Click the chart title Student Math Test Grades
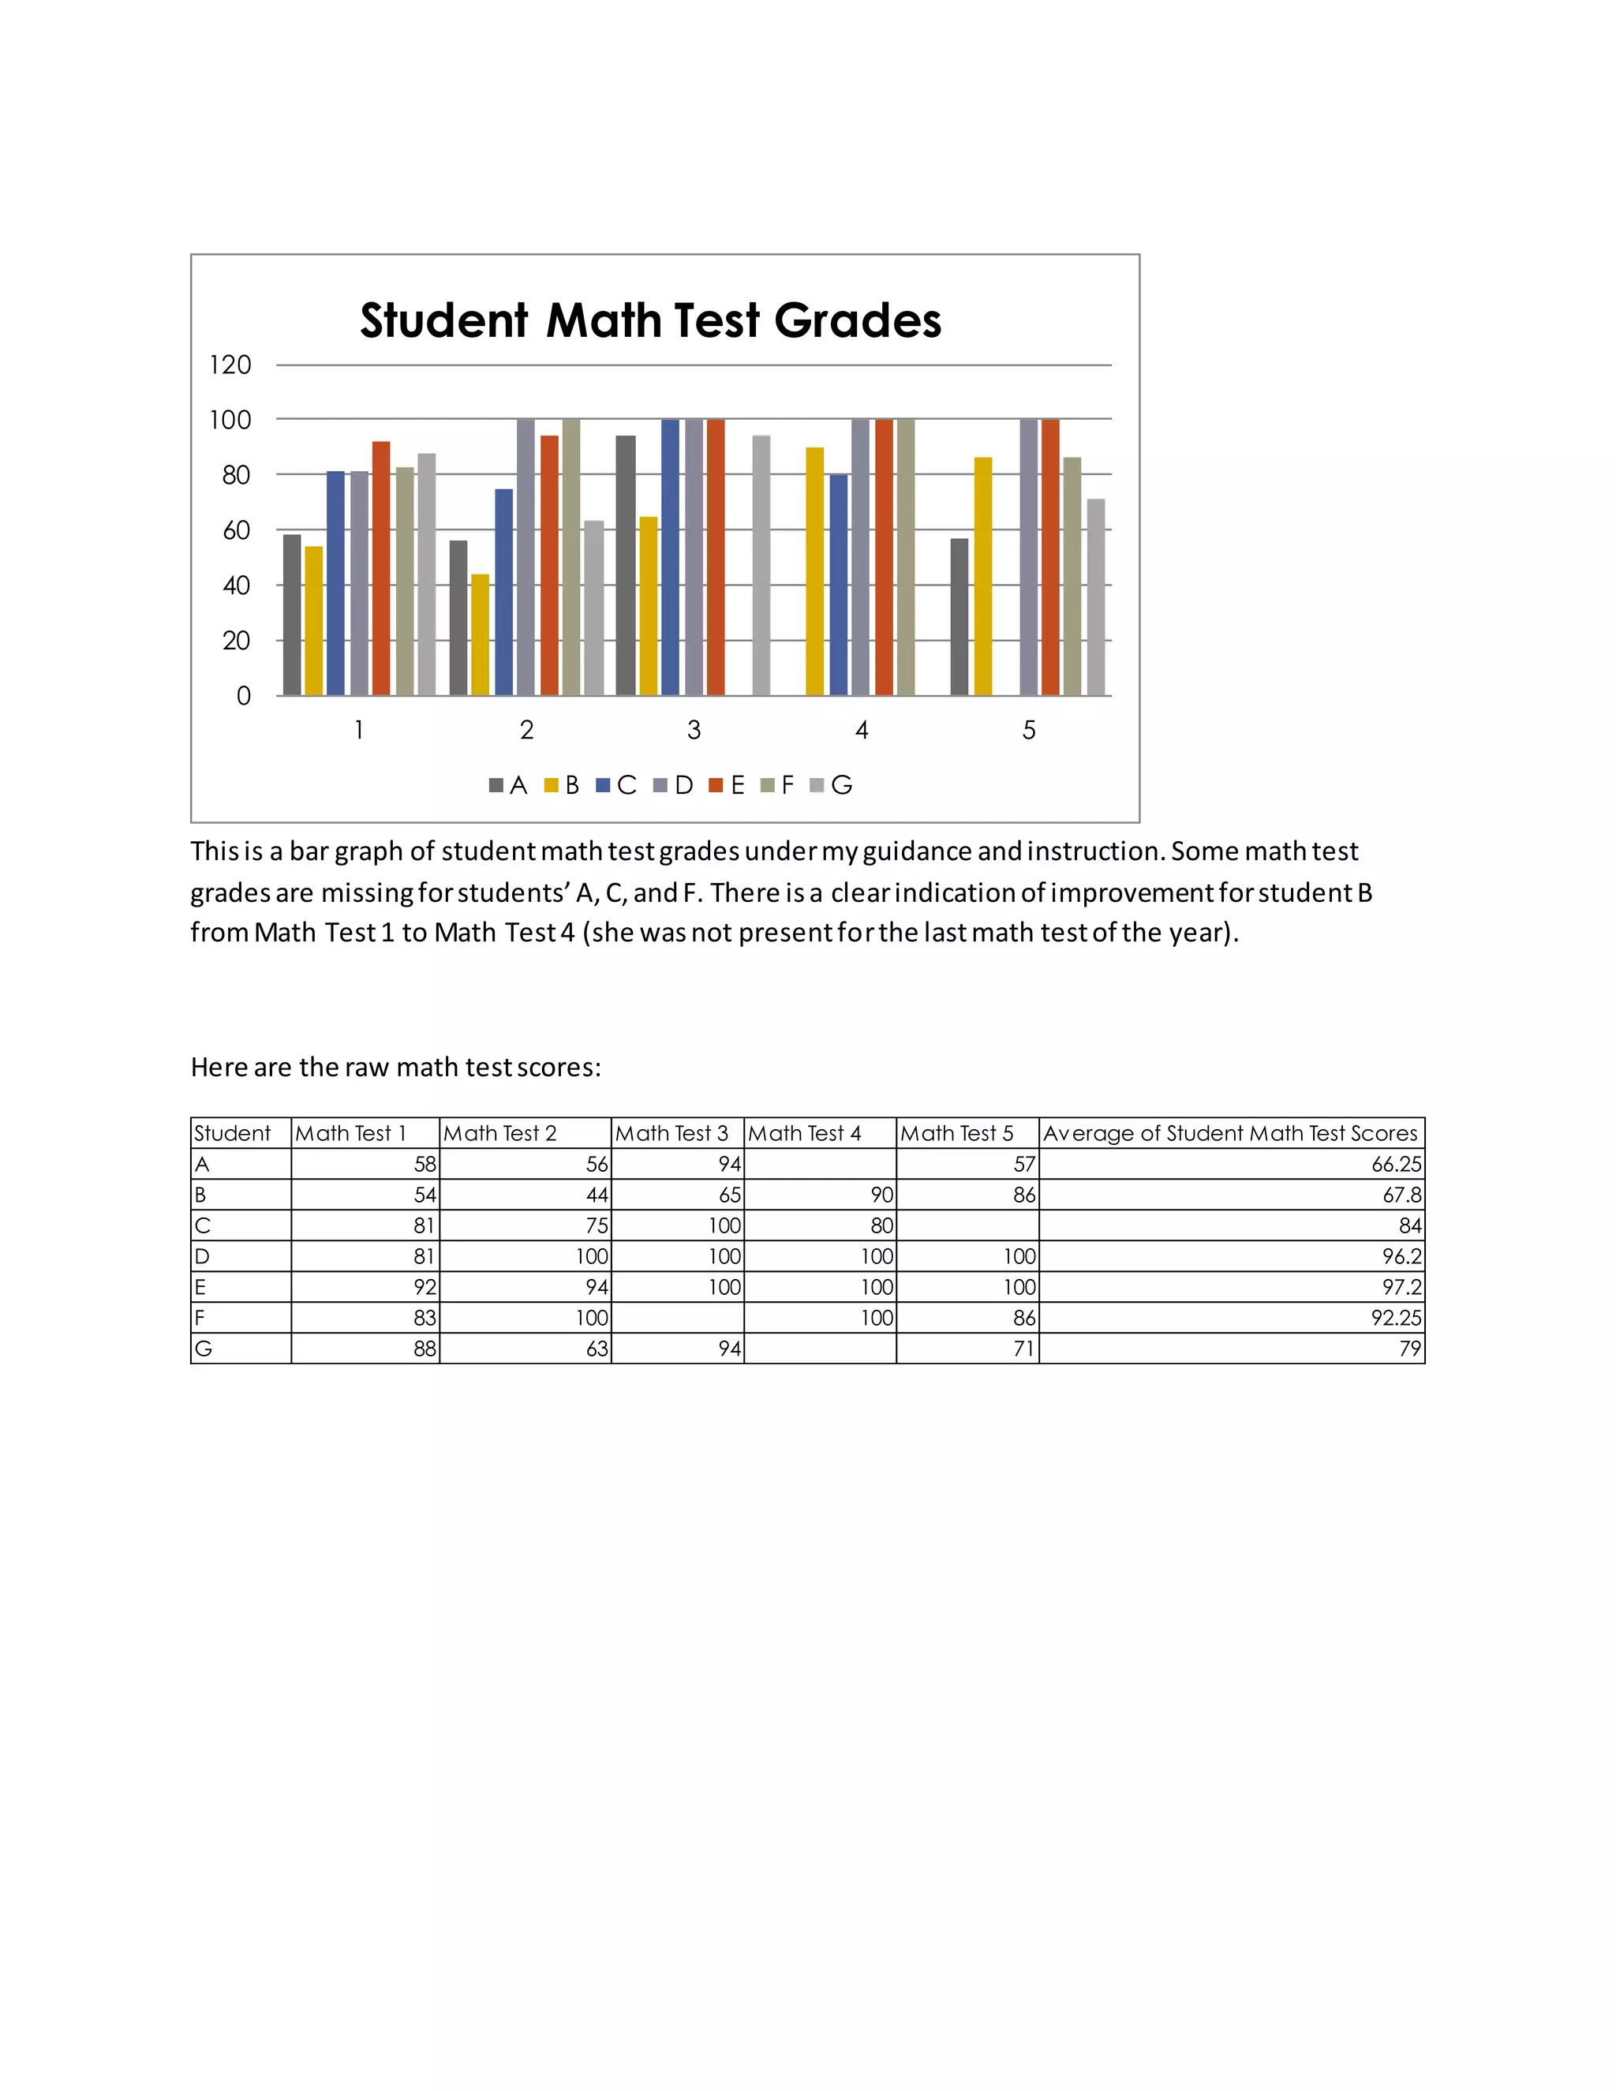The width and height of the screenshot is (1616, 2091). pyautogui.click(x=650, y=320)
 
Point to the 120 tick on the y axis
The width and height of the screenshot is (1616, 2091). pyautogui.click(x=230, y=365)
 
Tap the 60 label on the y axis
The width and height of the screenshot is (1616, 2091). pyautogui.click(x=235, y=530)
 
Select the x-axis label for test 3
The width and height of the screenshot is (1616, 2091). pyautogui.click(x=694, y=731)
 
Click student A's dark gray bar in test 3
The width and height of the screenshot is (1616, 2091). pyautogui.click(x=625, y=565)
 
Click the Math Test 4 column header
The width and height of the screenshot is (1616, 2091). pyautogui.click(x=805, y=1134)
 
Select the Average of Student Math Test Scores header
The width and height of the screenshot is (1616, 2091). pyautogui.click(x=1230, y=1134)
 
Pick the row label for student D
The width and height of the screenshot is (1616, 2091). pyautogui.click(x=202, y=1256)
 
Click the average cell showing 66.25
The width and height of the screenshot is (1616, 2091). pyautogui.click(x=1396, y=1164)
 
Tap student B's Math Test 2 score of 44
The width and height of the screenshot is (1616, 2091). pyautogui.click(x=596, y=1195)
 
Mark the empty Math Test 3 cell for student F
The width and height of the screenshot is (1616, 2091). pyautogui.click(x=677, y=1319)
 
